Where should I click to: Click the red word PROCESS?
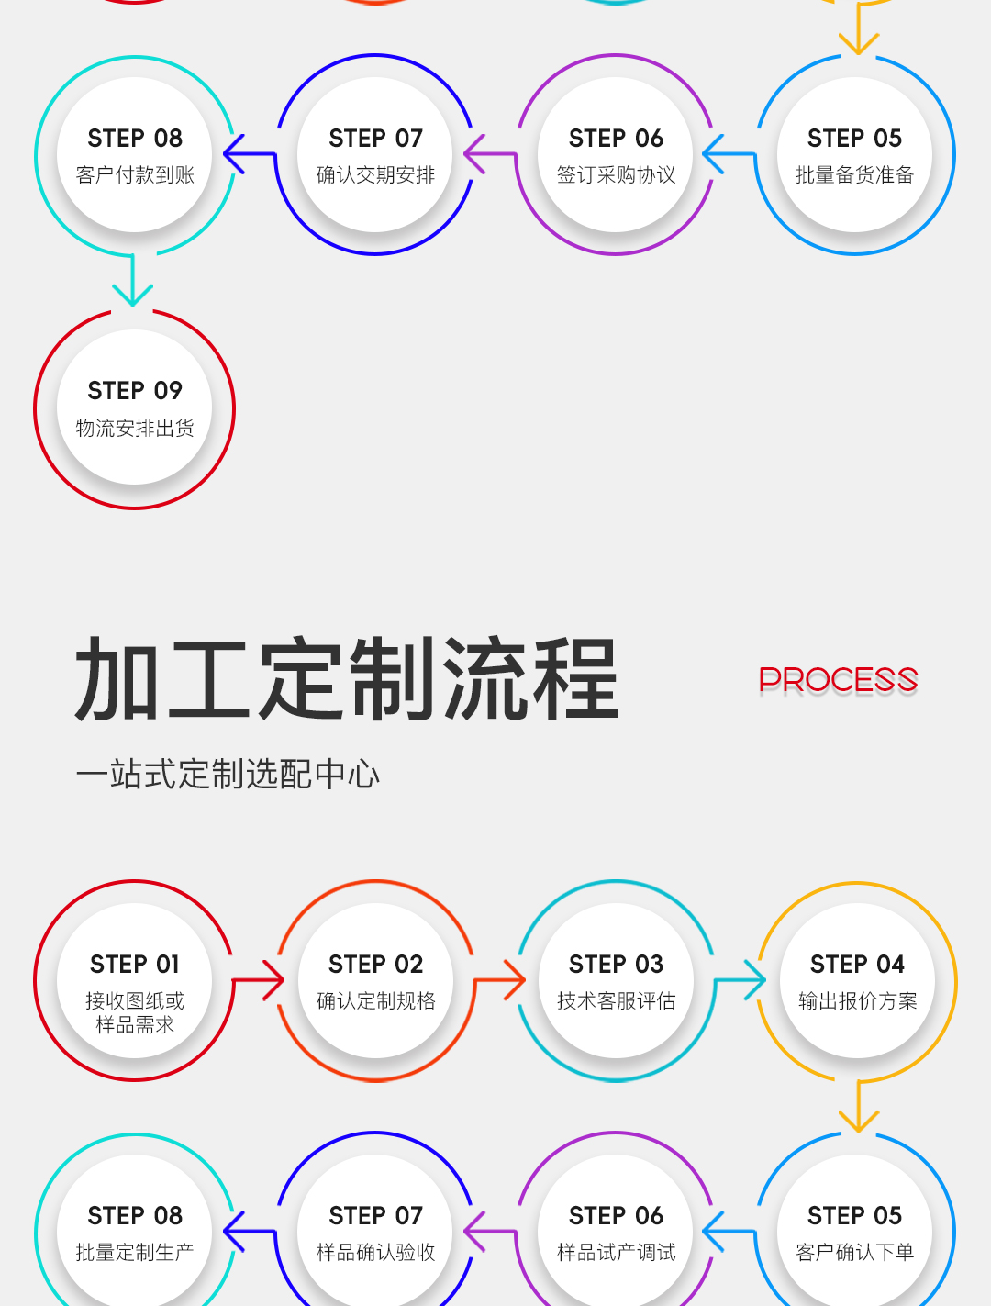point(838,679)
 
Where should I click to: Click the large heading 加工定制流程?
point(347,678)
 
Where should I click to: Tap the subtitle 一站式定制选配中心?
point(228,774)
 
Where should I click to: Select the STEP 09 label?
point(135,391)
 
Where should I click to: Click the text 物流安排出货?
point(135,428)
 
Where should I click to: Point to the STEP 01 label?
point(135,965)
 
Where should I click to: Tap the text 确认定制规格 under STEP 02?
point(376,1000)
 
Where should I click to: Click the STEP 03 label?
point(617,965)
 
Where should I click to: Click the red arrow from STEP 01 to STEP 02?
point(258,979)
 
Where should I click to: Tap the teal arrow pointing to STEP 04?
point(740,979)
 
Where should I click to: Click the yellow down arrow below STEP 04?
point(858,1106)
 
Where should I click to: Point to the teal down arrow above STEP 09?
point(133,280)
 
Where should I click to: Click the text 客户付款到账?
point(135,175)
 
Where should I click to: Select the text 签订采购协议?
point(617,175)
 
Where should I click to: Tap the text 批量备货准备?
point(855,175)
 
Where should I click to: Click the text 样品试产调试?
point(617,1253)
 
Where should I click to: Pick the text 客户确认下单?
point(855,1253)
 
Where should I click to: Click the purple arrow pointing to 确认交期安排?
point(490,153)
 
